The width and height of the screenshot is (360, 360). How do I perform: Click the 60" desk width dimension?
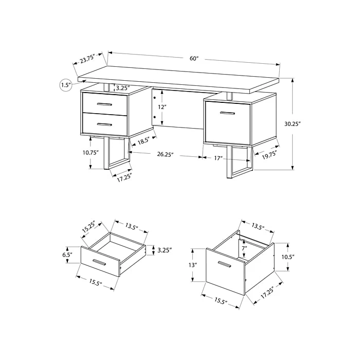coord(194,58)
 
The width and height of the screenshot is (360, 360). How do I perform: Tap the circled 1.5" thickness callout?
coord(66,85)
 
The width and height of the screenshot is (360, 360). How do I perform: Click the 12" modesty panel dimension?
coord(162,107)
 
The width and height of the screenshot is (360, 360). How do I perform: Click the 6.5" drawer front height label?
coord(67,255)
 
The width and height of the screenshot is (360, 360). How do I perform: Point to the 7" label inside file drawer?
coord(245,248)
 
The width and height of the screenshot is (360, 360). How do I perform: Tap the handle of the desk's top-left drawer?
coord(104,104)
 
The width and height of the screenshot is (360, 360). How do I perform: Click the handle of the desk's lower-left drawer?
coord(104,124)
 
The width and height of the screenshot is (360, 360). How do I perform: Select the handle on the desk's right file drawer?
coord(227,113)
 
